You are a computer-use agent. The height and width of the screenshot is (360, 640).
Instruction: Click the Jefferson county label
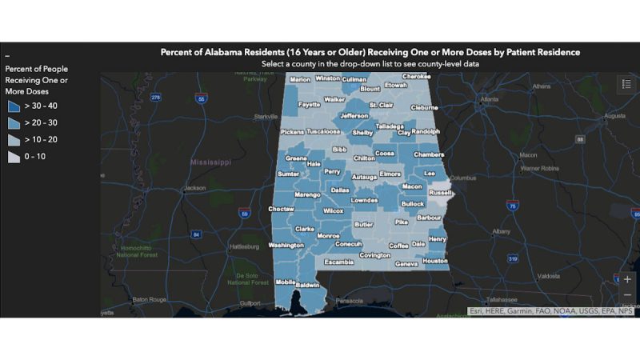point(354,116)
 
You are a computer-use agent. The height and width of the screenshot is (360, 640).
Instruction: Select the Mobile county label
point(286,282)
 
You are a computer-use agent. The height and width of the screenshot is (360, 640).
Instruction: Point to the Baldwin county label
point(308,285)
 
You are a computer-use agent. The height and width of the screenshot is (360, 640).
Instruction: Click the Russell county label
point(441,193)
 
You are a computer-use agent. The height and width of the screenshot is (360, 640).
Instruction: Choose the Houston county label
point(435,261)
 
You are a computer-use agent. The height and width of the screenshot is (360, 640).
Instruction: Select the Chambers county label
point(429,154)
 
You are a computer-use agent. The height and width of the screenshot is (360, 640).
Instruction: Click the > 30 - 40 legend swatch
point(14,106)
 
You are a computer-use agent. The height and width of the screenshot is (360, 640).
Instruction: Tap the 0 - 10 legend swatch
point(14,157)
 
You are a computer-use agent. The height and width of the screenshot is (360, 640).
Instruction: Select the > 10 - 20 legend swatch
point(14,139)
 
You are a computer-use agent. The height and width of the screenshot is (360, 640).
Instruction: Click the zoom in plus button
point(627,279)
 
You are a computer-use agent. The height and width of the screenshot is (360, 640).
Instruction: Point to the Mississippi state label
point(210,162)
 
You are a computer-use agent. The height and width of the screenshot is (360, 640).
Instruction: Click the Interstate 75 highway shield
point(511,206)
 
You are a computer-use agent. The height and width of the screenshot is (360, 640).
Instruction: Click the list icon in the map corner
point(626,84)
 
